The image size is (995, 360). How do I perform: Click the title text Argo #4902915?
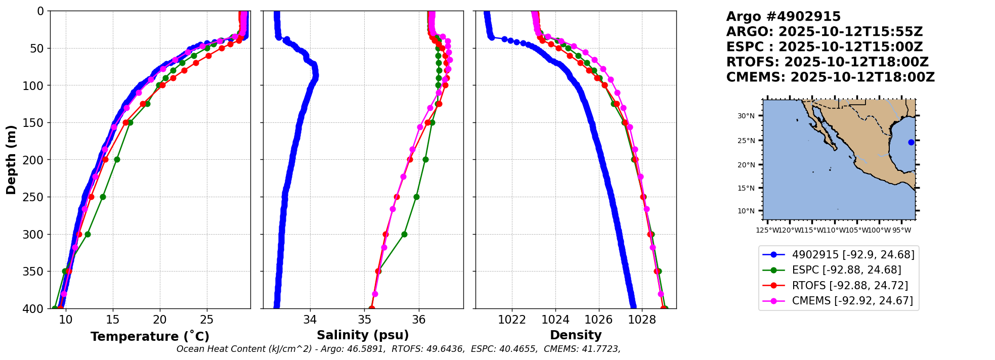pyautogui.click(x=783, y=17)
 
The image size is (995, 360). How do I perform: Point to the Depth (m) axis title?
pyautogui.click(x=11, y=160)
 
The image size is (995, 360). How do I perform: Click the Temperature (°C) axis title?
pyautogui.click(x=150, y=336)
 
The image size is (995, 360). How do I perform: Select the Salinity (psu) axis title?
pyautogui.click(x=363, y=335)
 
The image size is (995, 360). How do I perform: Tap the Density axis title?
pyautogui.click(x=576, y=335)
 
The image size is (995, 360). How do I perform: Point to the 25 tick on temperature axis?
pyautogui.click(x=207, y=320)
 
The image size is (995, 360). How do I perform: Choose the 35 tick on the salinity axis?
pyautogui.click(x=365, y=320)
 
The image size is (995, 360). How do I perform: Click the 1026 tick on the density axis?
pyautogui.click(x=599, y=320)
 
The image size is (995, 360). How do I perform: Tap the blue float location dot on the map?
pyautogui.click(x=911, y=142)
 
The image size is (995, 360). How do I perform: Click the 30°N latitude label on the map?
pyautogui.click(x=746, y=116)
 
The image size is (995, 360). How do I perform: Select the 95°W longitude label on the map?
pyautogui.click(x=901, y=231)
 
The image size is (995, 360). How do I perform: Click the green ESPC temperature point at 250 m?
pyautogui.click(x=103, y=197)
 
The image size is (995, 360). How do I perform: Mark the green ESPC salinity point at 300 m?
pyautogui.click(x=404, y=234)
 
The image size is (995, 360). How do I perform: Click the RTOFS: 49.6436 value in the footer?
pyautogui.click(x=428, y=349)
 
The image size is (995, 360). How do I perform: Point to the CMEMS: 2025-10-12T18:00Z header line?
pyautogui.click(x=830, y=77)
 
